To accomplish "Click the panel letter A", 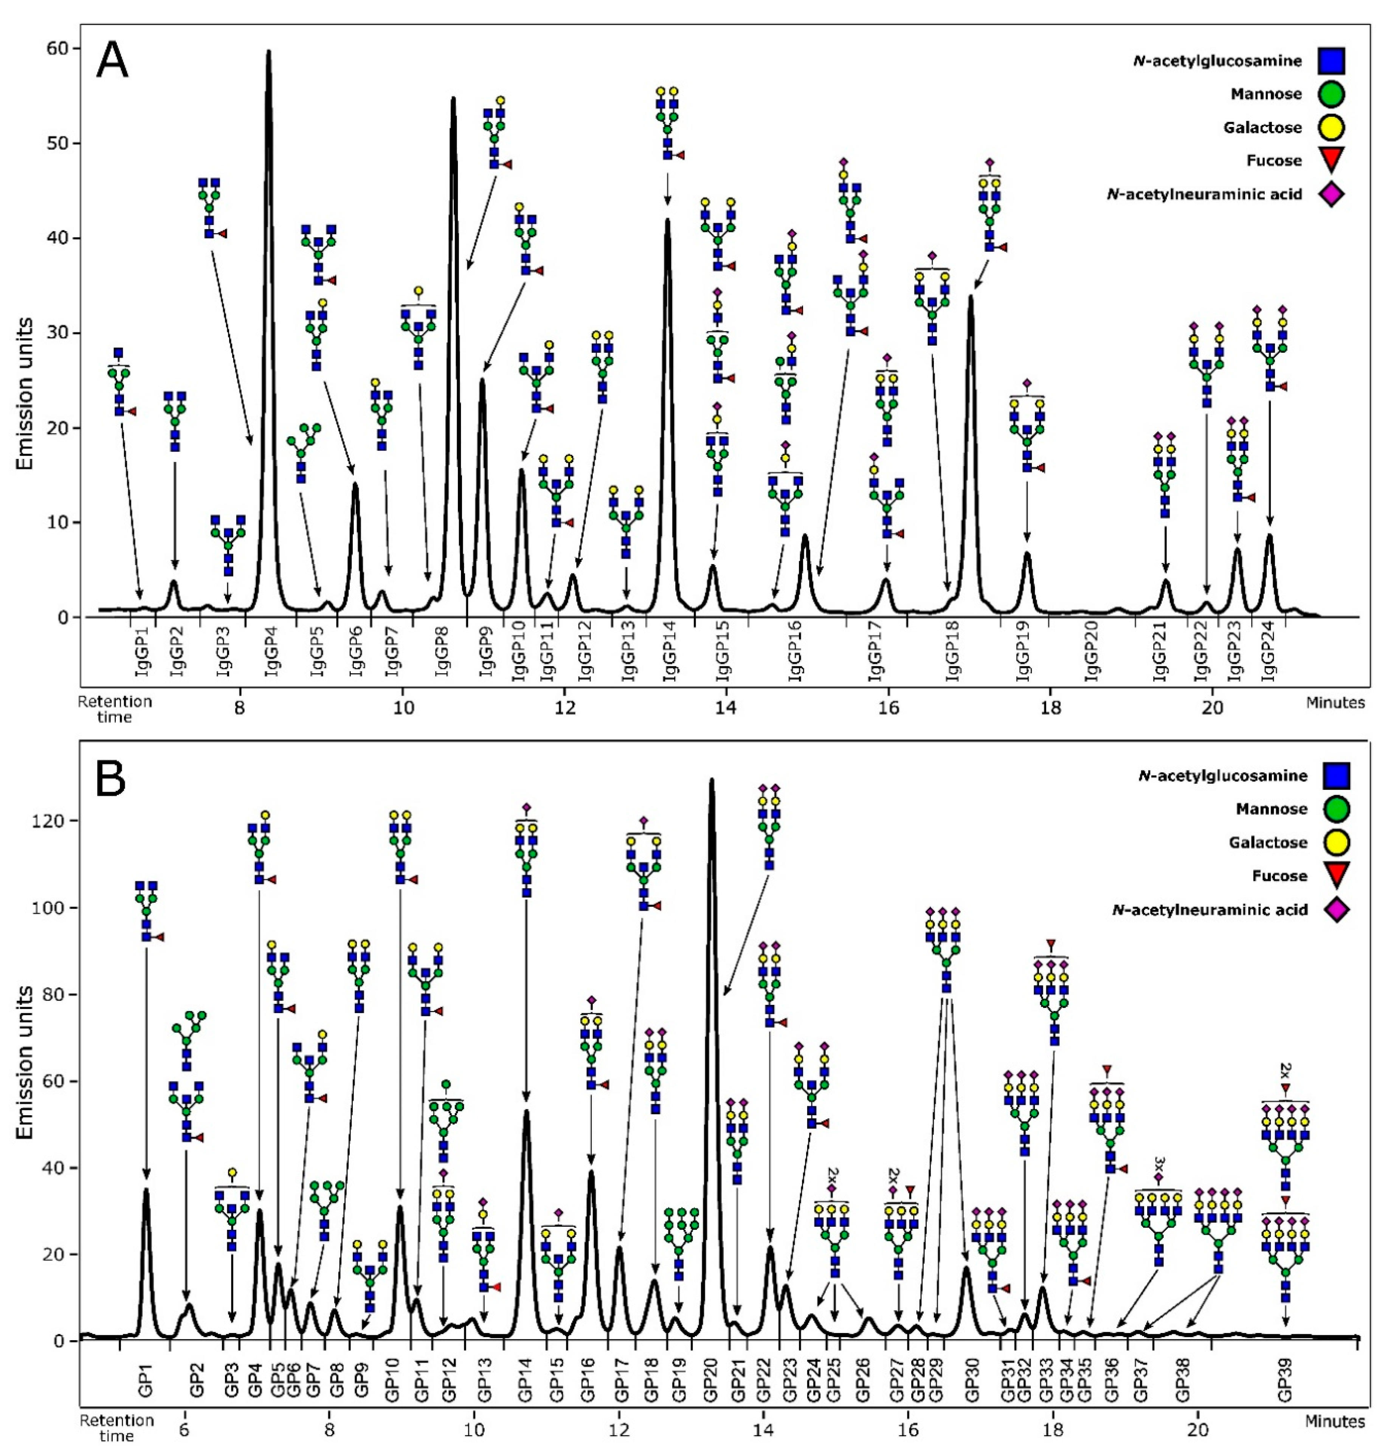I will pos(112,60).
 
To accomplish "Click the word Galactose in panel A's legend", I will pos(1262,127).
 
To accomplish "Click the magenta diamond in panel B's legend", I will pos(1336,909).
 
